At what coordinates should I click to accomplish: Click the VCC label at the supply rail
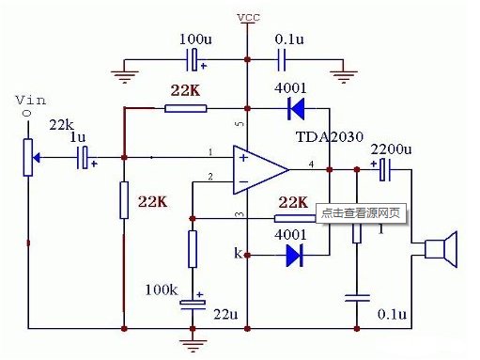pos(248,18)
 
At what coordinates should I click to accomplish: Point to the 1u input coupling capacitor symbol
pos(85,159)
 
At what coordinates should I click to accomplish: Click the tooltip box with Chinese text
pos(362,212)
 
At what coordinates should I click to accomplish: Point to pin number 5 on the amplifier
pos(239,123)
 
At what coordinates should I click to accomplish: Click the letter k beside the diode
pos(238,253)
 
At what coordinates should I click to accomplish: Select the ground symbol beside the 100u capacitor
pos(125,68)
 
